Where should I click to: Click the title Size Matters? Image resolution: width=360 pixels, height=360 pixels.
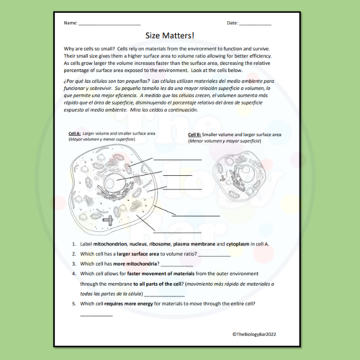coord(180,34)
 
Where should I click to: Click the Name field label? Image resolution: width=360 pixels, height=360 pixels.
coord(70,23)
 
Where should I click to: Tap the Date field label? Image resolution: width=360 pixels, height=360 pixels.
coord(232,23)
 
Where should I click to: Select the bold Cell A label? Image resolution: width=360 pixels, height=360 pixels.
coord(74,134)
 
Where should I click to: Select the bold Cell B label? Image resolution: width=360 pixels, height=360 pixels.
coord(194,135)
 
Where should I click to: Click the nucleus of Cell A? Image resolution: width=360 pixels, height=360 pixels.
coord(112,185)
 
